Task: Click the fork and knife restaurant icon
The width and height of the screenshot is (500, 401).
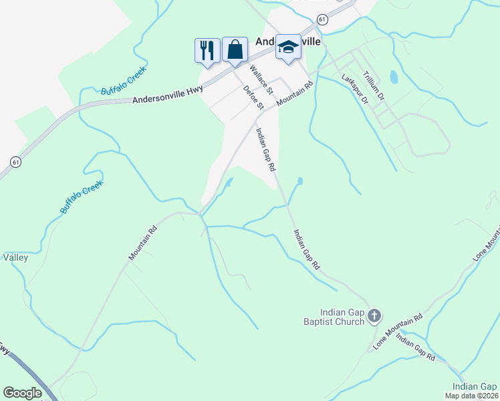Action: click(x=207, y=50)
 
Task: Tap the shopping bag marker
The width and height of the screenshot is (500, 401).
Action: click(x=235, y=49)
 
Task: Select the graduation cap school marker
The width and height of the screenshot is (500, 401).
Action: click(x=288, y=47)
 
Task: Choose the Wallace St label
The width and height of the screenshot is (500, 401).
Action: click(x=261, y=80)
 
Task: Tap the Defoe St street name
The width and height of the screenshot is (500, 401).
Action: click(x=254, y=98)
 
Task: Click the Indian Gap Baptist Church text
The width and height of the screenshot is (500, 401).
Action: click(x=342, y=316)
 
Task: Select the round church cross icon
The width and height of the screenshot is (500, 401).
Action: click(x=374, y=315)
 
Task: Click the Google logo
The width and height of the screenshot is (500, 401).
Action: click(x=22, y=393)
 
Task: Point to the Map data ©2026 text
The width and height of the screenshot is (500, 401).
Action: click(x=471, y=396)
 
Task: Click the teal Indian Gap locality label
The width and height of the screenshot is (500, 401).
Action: click(x=475, y=386)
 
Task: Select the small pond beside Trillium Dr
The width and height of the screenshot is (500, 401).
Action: click(x=394, y=78)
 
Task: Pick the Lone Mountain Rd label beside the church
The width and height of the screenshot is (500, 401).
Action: click(x=398, y=332)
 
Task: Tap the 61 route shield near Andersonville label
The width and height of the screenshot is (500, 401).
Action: click(x=323, y=21)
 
